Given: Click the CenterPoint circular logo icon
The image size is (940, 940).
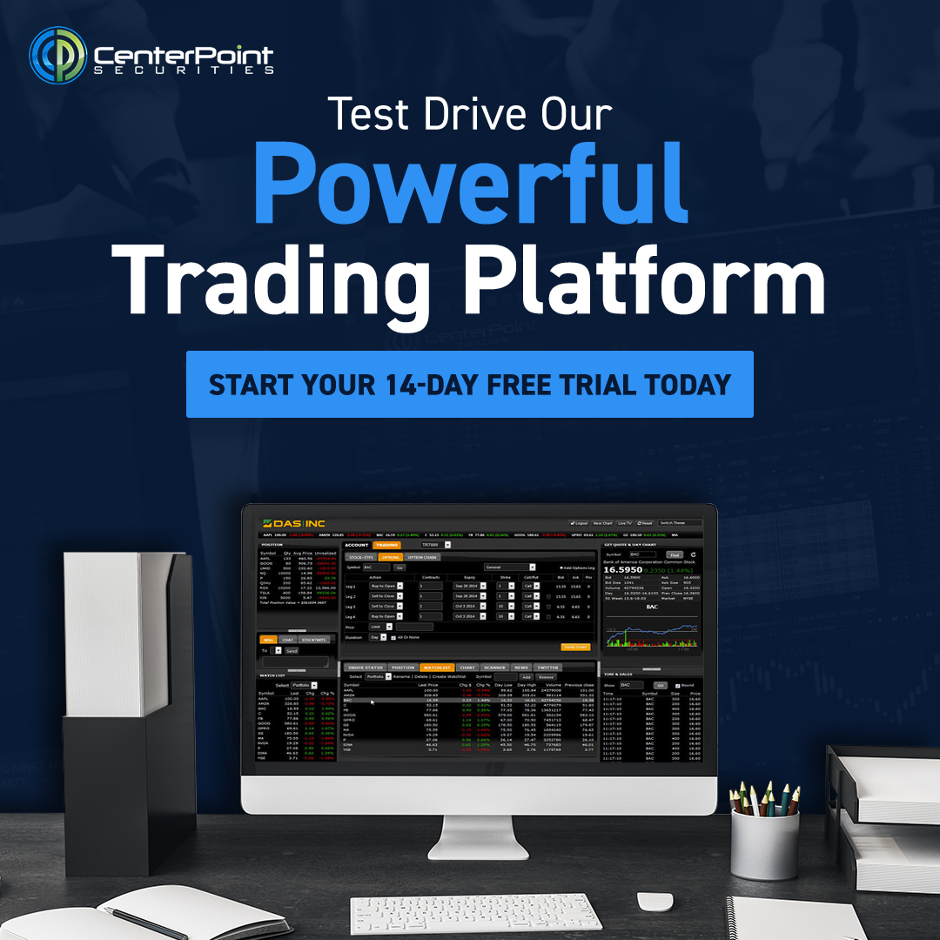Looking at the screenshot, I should (57, 55).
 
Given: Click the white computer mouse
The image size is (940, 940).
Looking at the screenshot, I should (655, 902).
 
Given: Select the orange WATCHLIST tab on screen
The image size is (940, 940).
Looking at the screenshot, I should (437, 668).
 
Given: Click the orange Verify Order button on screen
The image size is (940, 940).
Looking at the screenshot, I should (575, 647).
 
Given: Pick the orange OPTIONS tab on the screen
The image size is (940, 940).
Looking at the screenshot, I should (391, 557).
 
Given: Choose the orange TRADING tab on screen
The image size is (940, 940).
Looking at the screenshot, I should (386, 545).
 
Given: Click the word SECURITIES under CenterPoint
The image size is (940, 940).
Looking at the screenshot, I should (185, 70).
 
